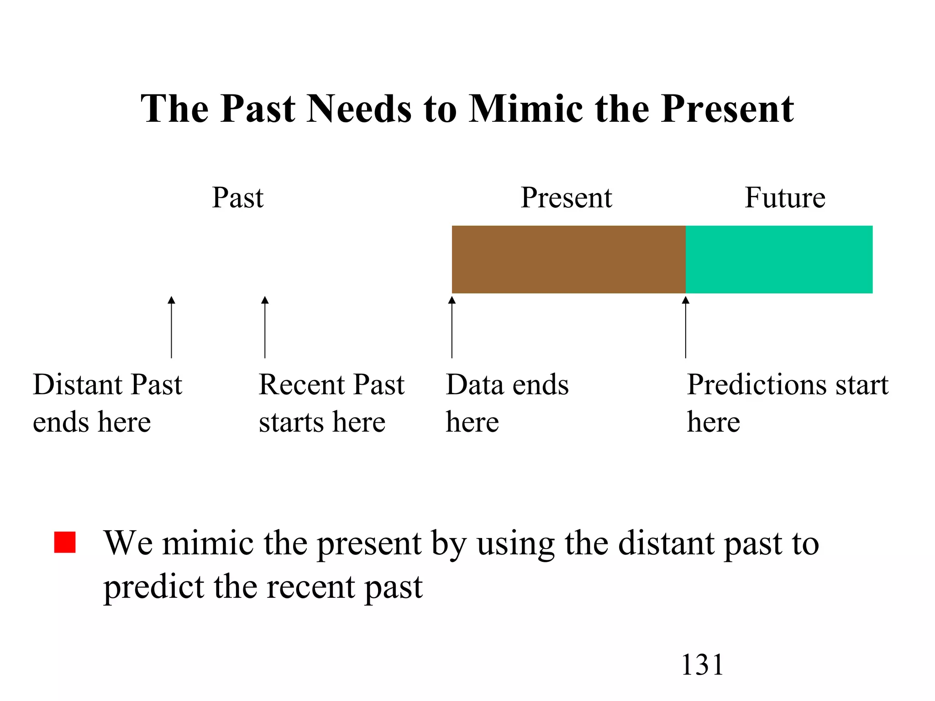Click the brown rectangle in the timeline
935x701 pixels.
(568, 259)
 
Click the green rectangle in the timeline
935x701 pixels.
(779, 259)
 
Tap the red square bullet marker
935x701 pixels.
(64, 542)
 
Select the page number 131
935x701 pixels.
(702, 664)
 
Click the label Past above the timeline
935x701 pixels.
(237, 198)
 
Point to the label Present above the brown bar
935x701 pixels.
(566, 198)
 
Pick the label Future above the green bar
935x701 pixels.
(785, 198)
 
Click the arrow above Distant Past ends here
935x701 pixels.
(171, 327)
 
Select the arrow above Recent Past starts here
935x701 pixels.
(265, 327)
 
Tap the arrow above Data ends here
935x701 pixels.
(452, 327)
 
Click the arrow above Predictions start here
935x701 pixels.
(685, 327)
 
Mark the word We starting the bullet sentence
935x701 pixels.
(128, 543)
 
